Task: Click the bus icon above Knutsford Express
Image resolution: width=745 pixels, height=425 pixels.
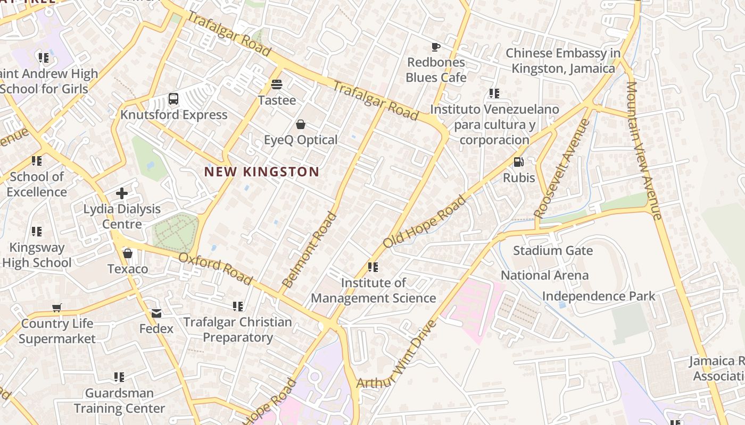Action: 173,98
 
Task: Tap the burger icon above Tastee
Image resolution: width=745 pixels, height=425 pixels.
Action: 276,84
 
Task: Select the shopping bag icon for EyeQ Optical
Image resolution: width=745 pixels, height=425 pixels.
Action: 301,124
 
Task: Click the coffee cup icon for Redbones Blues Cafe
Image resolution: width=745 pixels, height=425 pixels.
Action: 435,47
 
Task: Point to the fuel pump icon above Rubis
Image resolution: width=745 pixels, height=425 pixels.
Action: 518,162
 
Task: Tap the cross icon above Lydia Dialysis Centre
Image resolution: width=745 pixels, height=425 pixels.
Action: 122,193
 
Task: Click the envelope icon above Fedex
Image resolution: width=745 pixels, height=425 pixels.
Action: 156,313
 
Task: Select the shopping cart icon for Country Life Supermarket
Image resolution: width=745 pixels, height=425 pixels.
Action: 57,308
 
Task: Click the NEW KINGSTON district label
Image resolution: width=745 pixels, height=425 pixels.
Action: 262,172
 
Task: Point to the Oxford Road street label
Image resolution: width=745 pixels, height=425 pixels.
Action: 216,268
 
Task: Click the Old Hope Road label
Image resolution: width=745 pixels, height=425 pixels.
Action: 425,222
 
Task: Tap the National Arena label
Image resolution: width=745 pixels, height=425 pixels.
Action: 544,275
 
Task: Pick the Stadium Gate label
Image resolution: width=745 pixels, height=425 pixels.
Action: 553,250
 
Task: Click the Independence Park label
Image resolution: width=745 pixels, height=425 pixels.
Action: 599,296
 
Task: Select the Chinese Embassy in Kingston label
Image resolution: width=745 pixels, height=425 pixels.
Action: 563,61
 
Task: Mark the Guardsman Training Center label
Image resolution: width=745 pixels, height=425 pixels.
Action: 119,401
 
